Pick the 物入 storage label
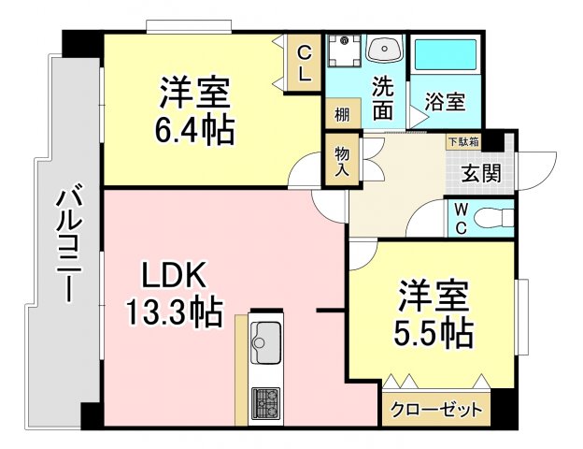[341, 160]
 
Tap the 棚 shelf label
[342, 115]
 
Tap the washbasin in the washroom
[383, 51]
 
